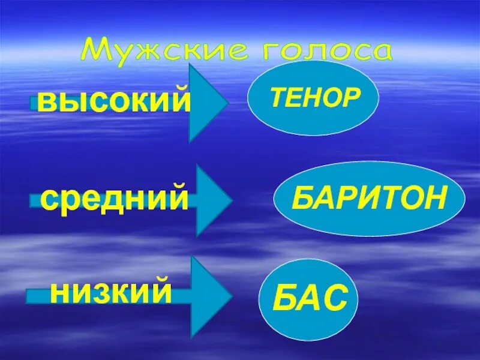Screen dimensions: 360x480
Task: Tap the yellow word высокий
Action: [x=113, y=101]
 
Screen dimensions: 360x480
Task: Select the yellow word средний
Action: [x=115, y=199]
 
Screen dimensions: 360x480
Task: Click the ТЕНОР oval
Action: [x=313, y=98]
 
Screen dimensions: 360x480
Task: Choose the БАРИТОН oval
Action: [x=370, y=199]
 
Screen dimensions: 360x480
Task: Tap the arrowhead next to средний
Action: [x=212, y=200]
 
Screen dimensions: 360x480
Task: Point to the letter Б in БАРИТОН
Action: [x=301, y=199]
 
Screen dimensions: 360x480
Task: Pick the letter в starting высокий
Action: [x=47, y=102]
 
